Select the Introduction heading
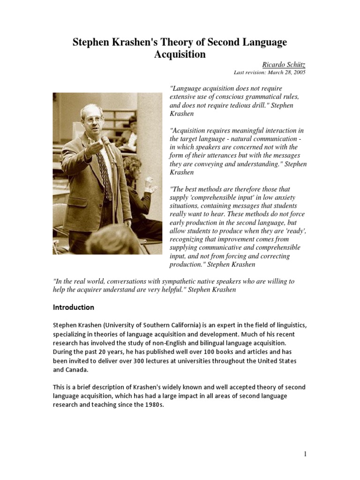[x=74, y=307]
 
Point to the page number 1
[x=305, y=454]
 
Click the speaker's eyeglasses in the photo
[x=93, y=119]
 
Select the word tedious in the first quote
[x=238, y=105]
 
